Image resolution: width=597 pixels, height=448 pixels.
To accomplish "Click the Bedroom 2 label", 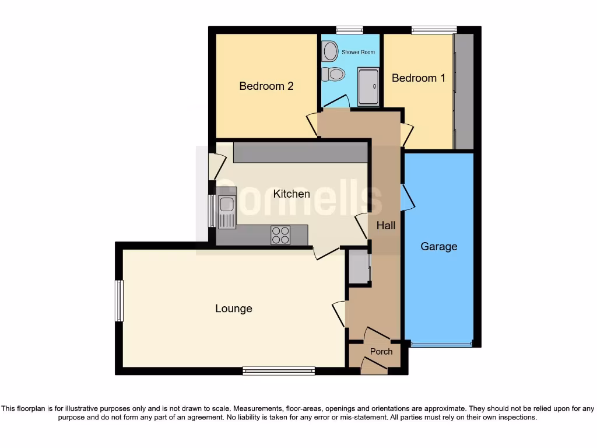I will click(x=266, y=86).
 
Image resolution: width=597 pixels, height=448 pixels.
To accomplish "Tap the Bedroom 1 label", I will click(x=419, y=78).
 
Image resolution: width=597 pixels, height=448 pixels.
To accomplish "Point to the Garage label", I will click(x=439, y=247).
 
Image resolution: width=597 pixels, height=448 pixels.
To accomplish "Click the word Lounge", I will click(x=234, y=309).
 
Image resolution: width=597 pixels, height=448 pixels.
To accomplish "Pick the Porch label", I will click(x=381, y=352).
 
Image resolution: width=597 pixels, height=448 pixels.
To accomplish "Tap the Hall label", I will click(x=386, y=225).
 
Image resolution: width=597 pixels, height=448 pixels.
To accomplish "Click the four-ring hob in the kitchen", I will click(x=280, y=235).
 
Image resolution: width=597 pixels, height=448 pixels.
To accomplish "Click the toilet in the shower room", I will click(x=335, y=74).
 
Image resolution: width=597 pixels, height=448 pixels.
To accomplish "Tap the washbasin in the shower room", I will click(x=330, y=51).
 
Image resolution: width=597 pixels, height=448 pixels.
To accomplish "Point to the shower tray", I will click(x=368, y=87).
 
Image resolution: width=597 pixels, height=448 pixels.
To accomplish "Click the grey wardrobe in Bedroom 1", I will click(x=464, y=92).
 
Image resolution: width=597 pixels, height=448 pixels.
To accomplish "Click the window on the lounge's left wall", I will click(x=120, y=300).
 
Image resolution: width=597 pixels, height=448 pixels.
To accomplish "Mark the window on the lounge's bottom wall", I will click(x=279, y=370).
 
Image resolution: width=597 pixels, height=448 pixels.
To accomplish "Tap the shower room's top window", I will click(x=350, y=30).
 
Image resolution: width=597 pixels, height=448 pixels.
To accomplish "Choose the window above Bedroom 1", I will click(x=434, y=30).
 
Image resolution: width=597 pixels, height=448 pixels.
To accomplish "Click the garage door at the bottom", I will click(x=441, y=345).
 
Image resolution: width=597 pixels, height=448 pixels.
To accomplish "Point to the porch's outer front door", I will click(x=374, y=366).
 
